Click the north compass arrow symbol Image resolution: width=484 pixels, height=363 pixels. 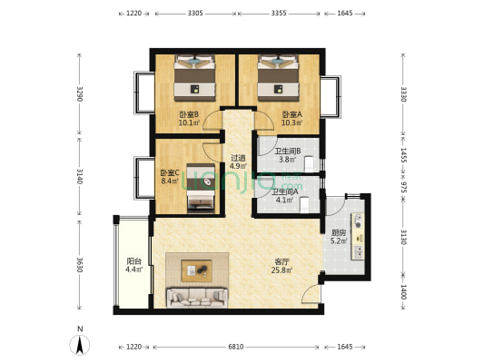pyautogui.click(x=80, y=344)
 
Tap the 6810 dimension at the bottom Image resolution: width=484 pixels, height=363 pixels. pyautogui.click(x=236, y=347)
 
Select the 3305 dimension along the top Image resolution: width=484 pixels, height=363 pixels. pyautogui.click(x=195, y=14)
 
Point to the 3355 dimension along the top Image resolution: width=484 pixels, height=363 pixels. pyautogui.click(x=279, y=14)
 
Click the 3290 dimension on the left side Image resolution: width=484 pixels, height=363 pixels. pyautogui.click(x=80, y=93)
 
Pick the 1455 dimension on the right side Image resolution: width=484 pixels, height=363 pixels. pyautogui.click(x=403, y=155)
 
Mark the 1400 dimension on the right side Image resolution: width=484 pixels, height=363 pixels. pyautogui.click(x=403, y=291)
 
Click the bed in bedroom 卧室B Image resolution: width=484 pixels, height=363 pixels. pyautogui.click(x=194, y=78)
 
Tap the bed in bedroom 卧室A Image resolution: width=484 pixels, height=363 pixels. pyautogui.click(x=279, y=78)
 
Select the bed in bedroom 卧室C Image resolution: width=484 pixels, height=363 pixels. pyautogui.click(x=201, y=188)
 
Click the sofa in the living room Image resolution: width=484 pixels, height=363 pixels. pyautogui.click(x=197, y=298)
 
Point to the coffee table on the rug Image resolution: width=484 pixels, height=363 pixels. pyautogui.click(x=197, y=270)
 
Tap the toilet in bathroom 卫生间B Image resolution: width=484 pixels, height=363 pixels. pyautogui.click(x=309, y=164)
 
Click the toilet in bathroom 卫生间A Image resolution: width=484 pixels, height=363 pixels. pyautogui.click(x=305, y=205)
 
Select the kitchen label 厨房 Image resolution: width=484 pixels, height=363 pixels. pyautogui.click(x=339, y=233)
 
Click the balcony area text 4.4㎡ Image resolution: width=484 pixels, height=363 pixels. pyautogui.click(x=134, y=270)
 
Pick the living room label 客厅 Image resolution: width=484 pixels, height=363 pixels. pyautogui.click(x=282, y=262)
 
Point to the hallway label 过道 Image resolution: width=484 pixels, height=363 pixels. pyautogui.click(x=238, y=158)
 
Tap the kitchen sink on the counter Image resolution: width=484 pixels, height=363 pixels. pyautogui.click(x=359, y=251)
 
